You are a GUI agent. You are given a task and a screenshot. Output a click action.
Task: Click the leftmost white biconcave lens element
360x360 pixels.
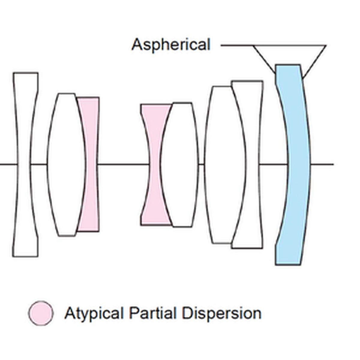pyautogui.click(x=25, y=120)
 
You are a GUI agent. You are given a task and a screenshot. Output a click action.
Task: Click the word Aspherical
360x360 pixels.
pyautogui.click(x=171, y=45)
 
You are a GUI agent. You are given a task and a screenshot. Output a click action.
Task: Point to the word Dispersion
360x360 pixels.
pyautogui.click(x=222, y=313)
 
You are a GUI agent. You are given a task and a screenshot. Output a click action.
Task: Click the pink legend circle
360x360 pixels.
pyautogui.click(x=41, y=313)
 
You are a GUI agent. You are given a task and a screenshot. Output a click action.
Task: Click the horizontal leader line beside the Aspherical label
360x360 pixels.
pyautogui.click(x=237, y=46)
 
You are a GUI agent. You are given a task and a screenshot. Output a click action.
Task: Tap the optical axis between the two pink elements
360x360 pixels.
pyautogui.click(x=123, y=164)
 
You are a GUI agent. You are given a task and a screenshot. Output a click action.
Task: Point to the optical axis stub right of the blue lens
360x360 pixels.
pyautogui.click(x=322, y=164)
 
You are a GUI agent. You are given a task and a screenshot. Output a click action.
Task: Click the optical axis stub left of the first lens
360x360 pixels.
pyautogui.click(x=7, y=164)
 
